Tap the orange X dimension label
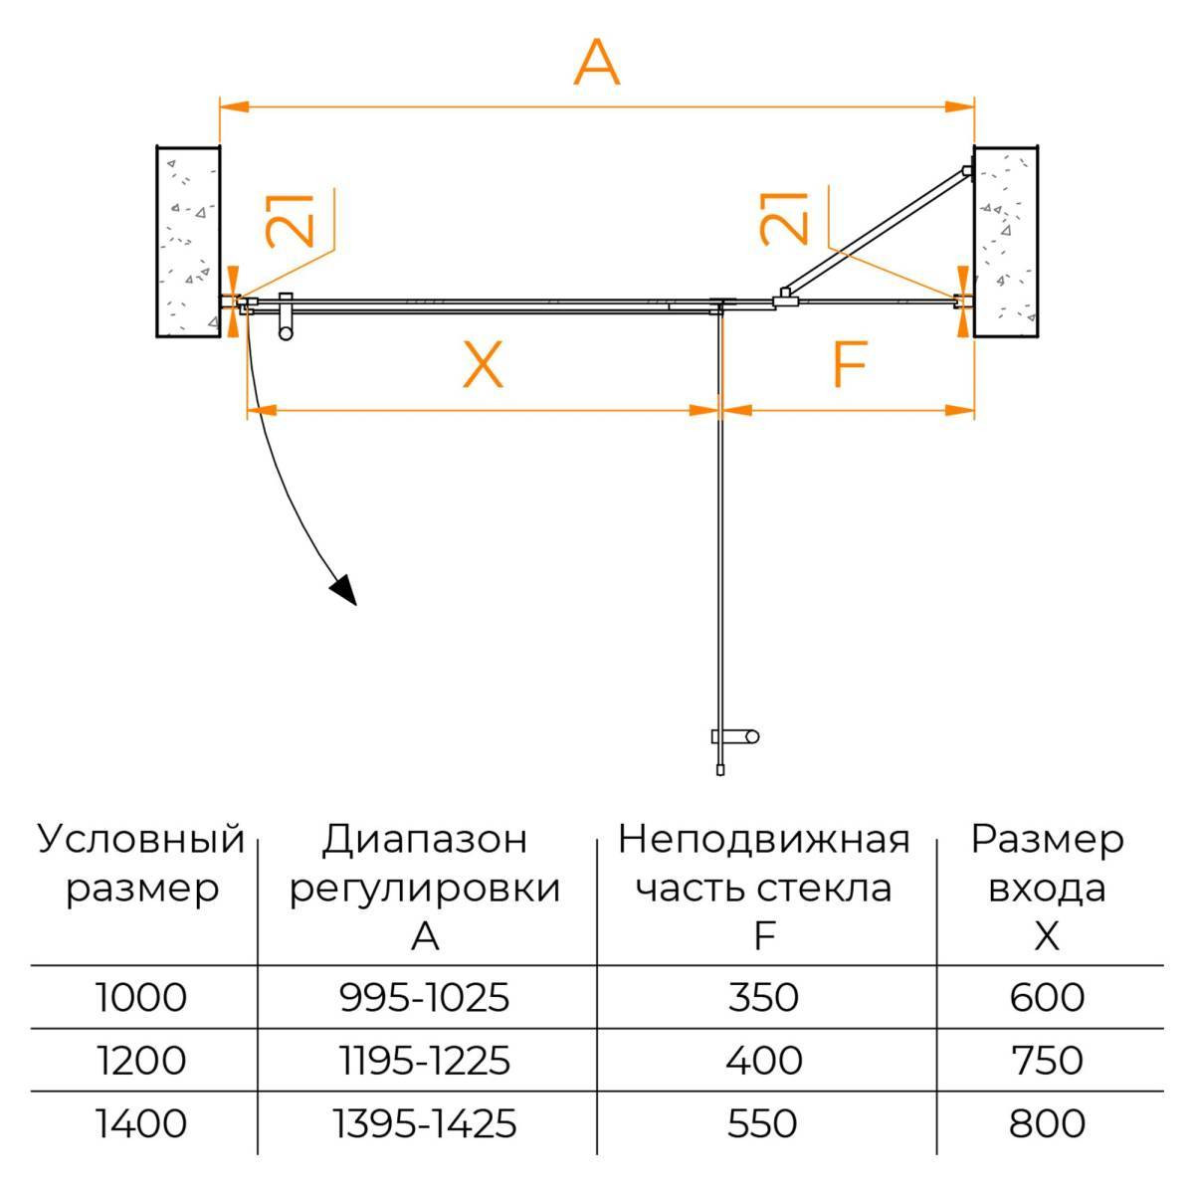coord(483,365)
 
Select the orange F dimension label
coord(849,365)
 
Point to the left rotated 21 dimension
coord(291,218)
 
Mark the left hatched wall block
coord(187,242)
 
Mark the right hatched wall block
coord(1006,242)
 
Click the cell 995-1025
coord(425,996)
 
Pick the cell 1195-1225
coord(425,1061)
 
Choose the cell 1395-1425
coord(425,1124)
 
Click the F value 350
coord(764,996)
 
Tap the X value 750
coord(1046,1061)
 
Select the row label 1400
coord(141,1124)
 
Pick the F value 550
coord(764,1124)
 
